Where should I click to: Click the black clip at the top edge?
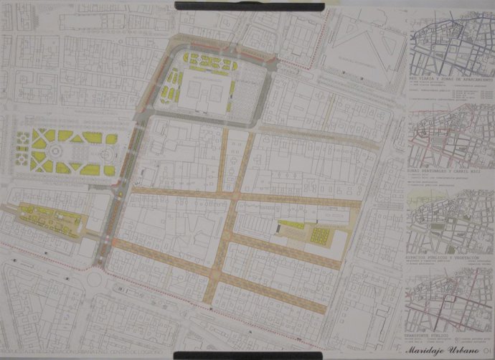[x=250, y=6]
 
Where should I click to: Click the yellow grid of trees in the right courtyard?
[x=319, y=236]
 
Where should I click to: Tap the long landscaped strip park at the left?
[x=50, y=215]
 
